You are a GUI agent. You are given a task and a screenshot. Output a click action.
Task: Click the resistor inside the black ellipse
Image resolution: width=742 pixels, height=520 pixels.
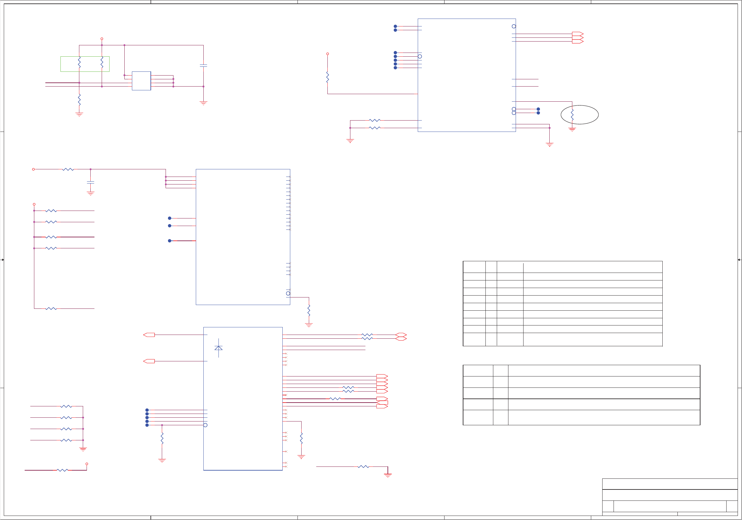(x=572, y=115)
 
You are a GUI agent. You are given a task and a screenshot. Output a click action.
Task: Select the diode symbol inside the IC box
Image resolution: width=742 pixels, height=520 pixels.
(x=218, y=348)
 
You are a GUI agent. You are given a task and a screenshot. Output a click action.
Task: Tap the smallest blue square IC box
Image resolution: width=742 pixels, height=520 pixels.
(x=141, y=81)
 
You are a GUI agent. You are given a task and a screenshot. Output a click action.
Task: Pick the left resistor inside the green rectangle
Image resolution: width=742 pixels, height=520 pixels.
(x=79, y=62)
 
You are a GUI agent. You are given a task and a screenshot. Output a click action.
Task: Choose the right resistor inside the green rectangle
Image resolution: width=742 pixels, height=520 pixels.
(x=102, y=62)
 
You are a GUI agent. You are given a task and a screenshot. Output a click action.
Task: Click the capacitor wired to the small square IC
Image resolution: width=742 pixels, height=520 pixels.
(x=203, y=65)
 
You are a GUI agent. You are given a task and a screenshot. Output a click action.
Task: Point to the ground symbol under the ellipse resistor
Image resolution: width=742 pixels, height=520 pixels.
(x=572, y=129)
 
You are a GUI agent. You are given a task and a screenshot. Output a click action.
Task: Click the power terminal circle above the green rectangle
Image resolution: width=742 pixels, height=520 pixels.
(x=102, y=39)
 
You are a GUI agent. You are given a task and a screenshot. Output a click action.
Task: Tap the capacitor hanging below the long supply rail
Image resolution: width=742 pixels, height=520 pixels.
(x=90, y=183)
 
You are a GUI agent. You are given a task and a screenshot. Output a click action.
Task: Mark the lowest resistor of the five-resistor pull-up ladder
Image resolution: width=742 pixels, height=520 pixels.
(x=51, y=309)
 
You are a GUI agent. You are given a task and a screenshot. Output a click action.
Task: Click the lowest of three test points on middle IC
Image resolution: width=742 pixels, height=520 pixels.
(x=169, y=241)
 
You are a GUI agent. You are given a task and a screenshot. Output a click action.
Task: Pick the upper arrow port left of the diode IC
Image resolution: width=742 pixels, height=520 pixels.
(x=149, y=335)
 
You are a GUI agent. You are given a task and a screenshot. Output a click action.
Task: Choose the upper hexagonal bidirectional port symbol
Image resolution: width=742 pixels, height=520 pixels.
(x=401, y=335)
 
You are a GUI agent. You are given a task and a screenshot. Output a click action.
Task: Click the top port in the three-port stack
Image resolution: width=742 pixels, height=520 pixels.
(x=577, y=34)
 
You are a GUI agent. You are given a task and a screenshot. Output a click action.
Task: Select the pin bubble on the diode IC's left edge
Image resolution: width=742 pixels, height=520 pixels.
(x=205, y=425)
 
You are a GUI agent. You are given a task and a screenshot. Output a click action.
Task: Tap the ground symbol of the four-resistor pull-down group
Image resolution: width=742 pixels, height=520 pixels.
(x=83, y=449)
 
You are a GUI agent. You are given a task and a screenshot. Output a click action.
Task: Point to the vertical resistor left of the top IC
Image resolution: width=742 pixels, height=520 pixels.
(x=327, y=77)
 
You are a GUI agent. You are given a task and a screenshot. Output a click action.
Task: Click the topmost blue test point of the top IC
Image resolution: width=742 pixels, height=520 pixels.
(x=395, y=26)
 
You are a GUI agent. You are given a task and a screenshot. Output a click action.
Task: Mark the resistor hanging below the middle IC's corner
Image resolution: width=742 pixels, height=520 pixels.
(x=309, y=310)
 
